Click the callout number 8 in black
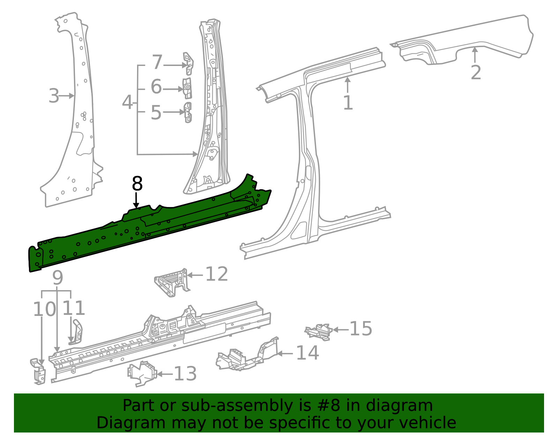point(137,184)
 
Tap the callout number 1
point(348,103)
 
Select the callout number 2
point(476,73)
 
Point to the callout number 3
point(54,96)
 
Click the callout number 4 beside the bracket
point(128,102)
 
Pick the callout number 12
point(217,274)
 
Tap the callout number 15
point(361,329)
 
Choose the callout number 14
point(307,353)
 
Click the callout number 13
point(185,374)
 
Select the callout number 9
point(58,278)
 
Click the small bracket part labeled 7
point(189,64)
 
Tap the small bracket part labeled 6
point(188,88)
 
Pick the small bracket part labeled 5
point(188,112)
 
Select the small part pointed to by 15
point(318,332)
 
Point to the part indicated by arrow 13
point(142,374)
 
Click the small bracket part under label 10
point(39,372)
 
